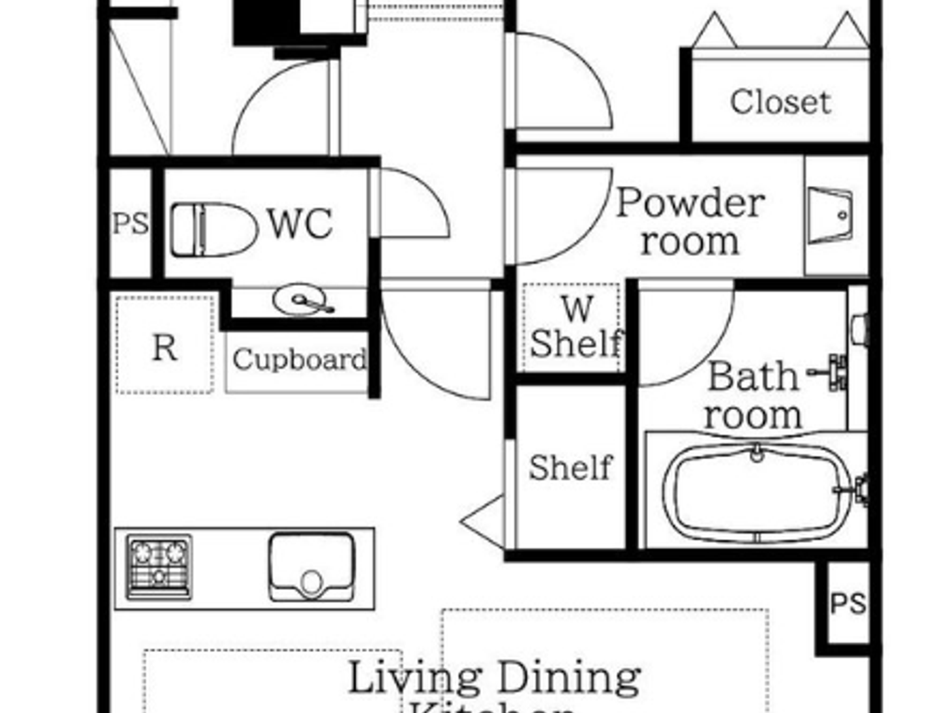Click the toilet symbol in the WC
click(213, 230)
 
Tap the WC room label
click(300, 223)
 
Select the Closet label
click(780, 102)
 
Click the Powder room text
click(689, 221)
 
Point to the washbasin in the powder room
click(830, 215)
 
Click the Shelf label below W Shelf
click(570, 468)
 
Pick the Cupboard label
click(299, 359)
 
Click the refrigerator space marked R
click(164, 346)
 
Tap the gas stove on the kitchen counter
click(159, 567)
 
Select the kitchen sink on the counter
click(312, 567)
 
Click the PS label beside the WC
click(130, 223)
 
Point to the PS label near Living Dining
click(848, 602)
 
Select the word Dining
click(568, 678)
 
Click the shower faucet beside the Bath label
click(832, 372)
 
